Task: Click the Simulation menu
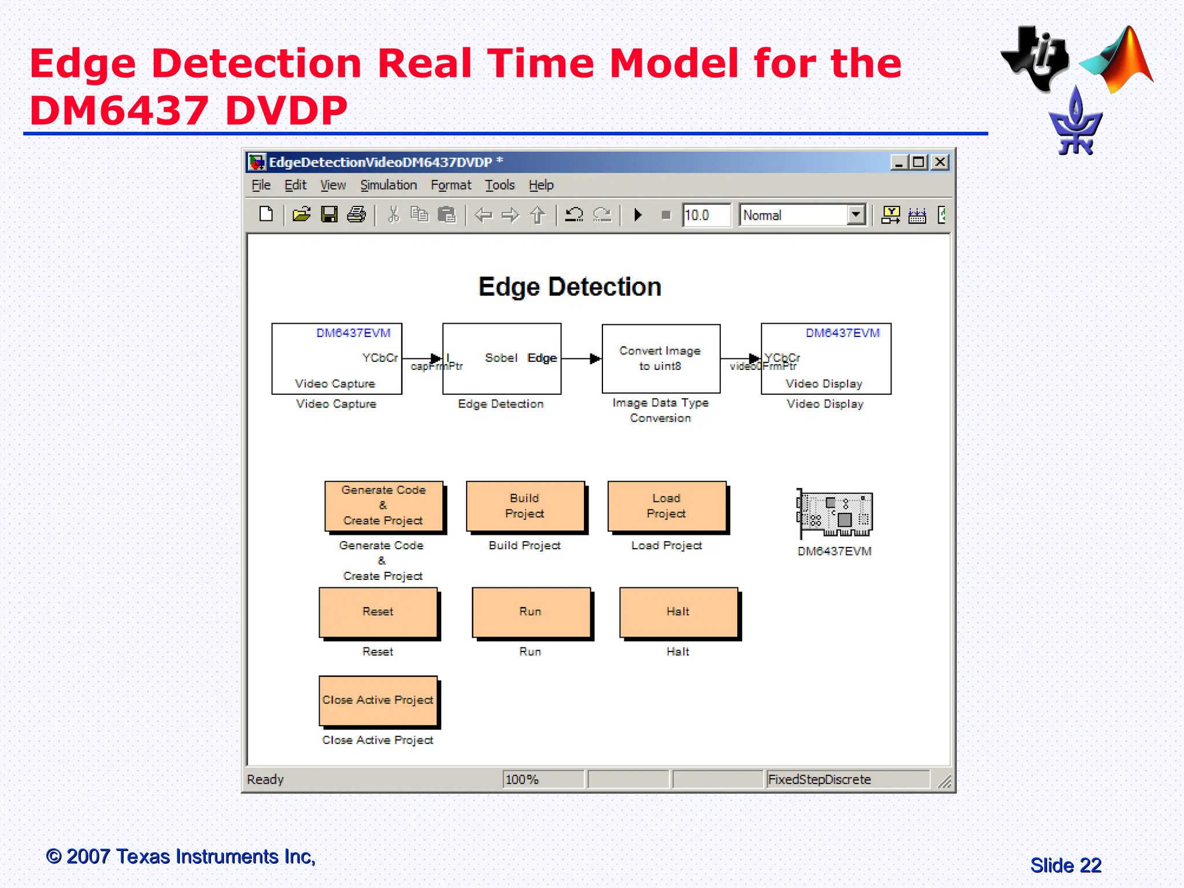click(388, 185)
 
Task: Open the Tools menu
click(499, 185)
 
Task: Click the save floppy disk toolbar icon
click(329, 215)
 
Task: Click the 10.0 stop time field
click(705, 215)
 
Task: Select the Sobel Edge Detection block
click(501, 358)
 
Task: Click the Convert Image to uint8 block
click(661, 358)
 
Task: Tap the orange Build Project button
click(525, 506)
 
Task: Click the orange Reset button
click(378, 612)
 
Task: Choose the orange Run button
click(531, 612)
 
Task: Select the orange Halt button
click(678, 612)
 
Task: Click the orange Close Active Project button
click(378, 700)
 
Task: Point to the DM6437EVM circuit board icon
click(835, 513)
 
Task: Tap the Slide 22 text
click(1065, 865)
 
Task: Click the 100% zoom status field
click(542, 779)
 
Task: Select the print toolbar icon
click(356, 215)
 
